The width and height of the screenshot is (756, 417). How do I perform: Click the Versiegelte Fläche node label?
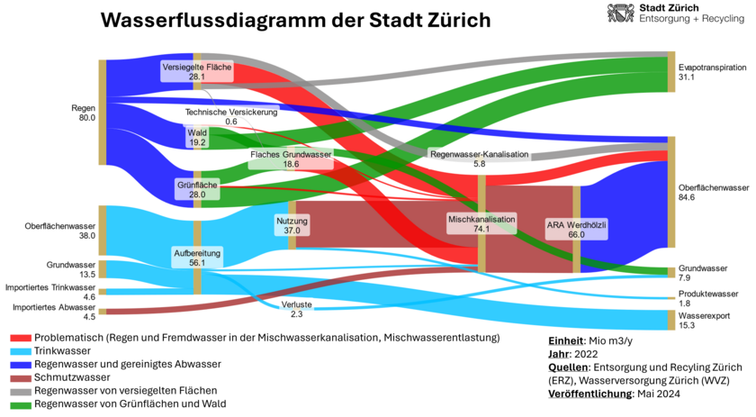197,72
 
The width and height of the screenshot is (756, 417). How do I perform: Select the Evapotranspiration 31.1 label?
700,72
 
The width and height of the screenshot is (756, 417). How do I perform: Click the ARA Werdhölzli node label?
576,229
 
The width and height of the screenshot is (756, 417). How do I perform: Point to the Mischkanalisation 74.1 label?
481,223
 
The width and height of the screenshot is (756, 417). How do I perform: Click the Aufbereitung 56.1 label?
197,258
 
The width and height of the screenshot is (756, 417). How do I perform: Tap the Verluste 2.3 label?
296,309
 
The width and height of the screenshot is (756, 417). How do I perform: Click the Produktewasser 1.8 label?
707,299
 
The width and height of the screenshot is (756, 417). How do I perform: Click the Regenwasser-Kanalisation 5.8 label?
479,159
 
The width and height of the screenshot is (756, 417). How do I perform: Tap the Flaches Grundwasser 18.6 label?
291,159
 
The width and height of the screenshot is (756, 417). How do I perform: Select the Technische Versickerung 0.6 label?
231,116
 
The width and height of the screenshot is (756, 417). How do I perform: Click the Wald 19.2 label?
197,137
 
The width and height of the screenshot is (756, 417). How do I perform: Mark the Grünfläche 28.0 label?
197,188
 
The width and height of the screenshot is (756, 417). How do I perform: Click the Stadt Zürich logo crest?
621,13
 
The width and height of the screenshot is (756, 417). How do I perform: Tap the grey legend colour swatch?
22,392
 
